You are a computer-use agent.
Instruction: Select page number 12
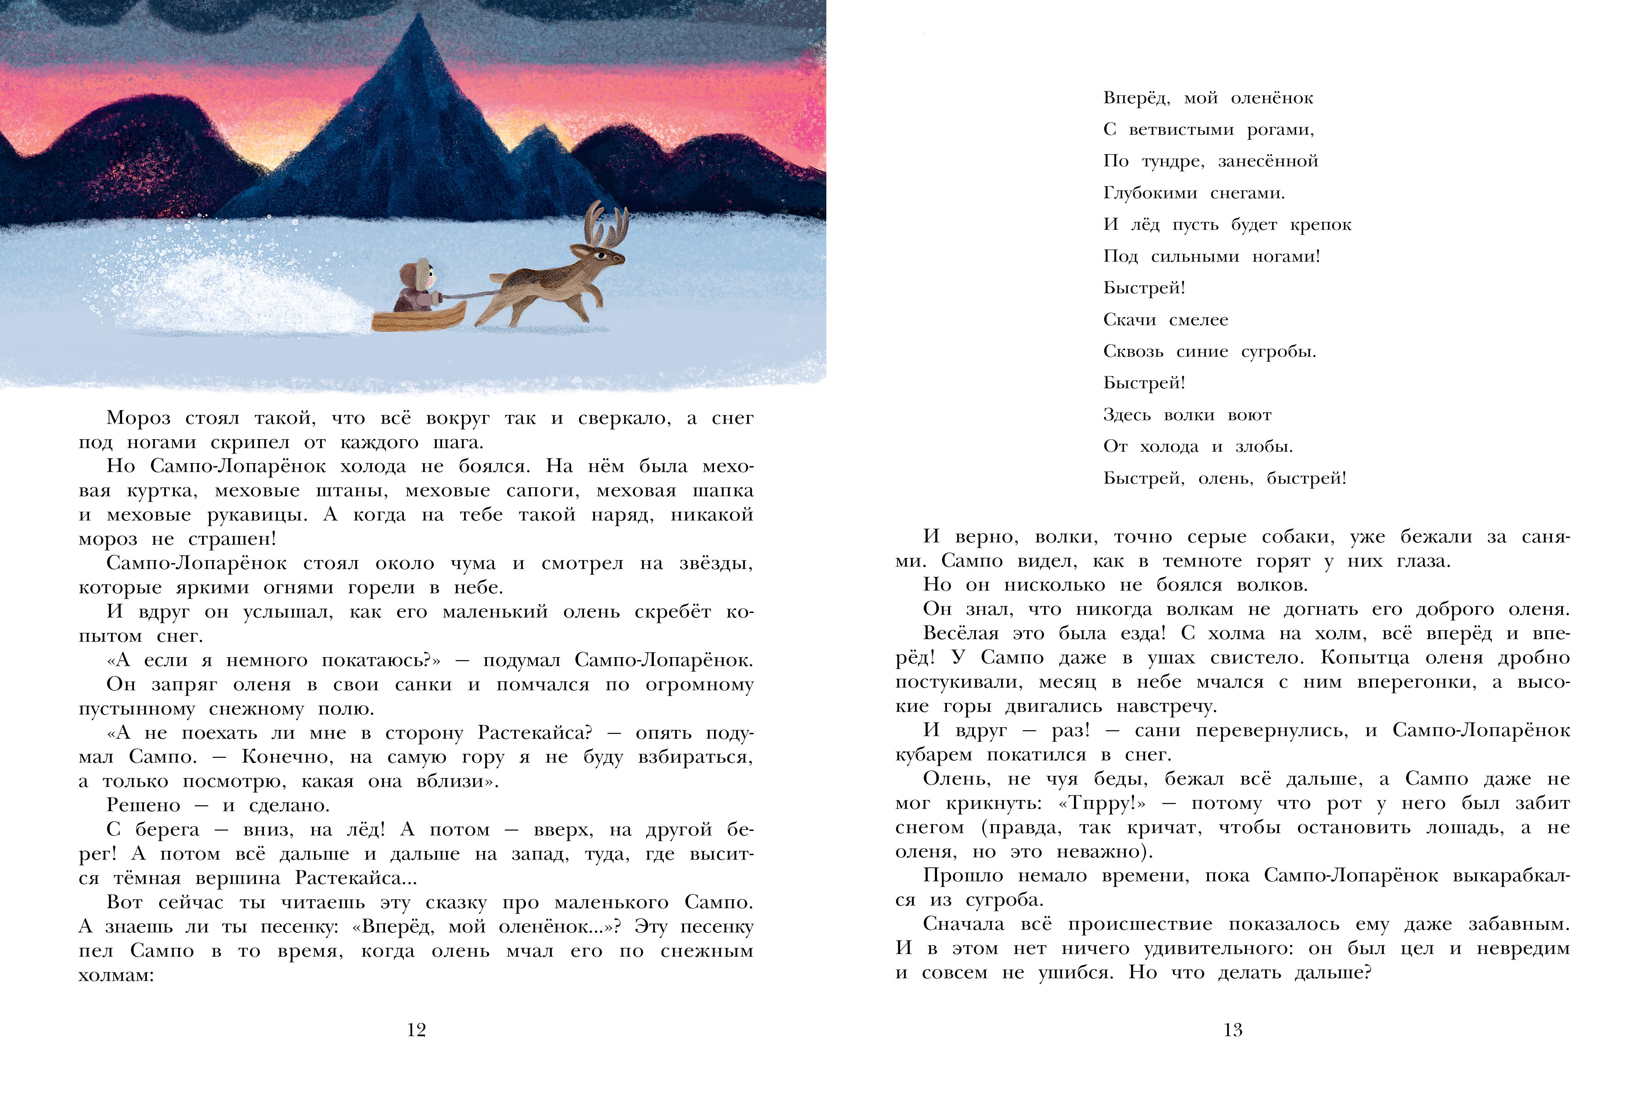416,1030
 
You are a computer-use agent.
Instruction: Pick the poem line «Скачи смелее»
1165,320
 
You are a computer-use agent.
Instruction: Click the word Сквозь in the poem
1133,351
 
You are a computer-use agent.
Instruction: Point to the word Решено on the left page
143,805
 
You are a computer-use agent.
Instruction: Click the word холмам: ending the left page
116,975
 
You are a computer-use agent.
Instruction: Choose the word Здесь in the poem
1127,415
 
